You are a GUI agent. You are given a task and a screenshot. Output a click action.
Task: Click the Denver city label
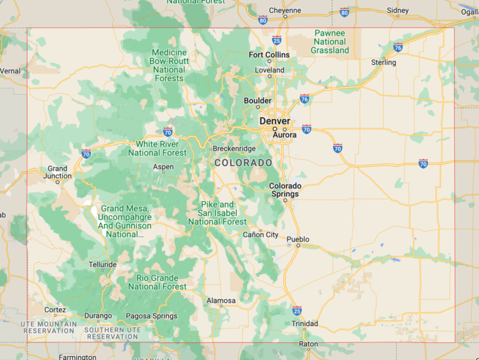click(274, 121)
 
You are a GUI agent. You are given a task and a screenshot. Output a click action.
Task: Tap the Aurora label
click(285, 135)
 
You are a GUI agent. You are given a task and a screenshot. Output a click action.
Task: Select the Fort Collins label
click(268, 54)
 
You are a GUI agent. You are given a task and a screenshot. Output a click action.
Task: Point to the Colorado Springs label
click(285, 190)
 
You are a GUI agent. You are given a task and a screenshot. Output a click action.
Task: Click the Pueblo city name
click(298, 239)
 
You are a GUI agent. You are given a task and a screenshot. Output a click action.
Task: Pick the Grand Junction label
click(57, 172)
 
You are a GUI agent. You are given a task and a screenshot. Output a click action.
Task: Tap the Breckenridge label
click(234, 149)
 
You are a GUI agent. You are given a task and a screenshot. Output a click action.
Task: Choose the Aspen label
click(163, 167)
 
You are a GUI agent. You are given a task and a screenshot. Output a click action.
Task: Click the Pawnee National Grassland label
click(330, 41)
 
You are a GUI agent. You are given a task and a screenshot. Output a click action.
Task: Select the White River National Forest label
click(157, 148)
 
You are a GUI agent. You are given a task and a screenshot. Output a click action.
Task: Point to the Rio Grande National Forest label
click(157, 282)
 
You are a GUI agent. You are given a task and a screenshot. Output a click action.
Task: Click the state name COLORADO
click(243, 162)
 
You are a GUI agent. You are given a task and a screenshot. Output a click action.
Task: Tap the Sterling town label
click(383, 62)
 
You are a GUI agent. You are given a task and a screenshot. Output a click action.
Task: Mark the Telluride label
click(103, 264)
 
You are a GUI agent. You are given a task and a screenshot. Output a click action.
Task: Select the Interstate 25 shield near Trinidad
click(297, 310)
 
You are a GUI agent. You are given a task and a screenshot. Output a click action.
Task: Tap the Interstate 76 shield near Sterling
click(398, 46)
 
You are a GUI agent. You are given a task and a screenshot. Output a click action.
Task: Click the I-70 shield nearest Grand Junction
click(86, 153)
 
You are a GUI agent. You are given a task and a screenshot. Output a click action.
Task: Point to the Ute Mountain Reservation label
click(48, 327)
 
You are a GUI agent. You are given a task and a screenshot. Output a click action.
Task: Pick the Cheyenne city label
click(285, 10)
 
